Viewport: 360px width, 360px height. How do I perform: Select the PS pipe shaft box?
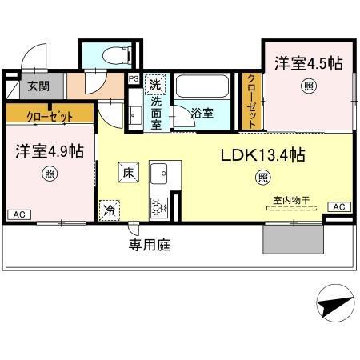(x=133, y=78)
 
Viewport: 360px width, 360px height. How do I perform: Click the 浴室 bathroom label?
(x=202, y=113)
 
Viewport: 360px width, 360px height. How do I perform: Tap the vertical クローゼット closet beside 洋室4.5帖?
(x=252, y=101)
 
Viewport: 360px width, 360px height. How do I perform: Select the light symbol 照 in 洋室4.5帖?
(x=308, y=86)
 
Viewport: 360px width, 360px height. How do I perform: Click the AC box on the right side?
(x=339, y=208)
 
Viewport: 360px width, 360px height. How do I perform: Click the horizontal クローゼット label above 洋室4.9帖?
(x=49, y=116)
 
